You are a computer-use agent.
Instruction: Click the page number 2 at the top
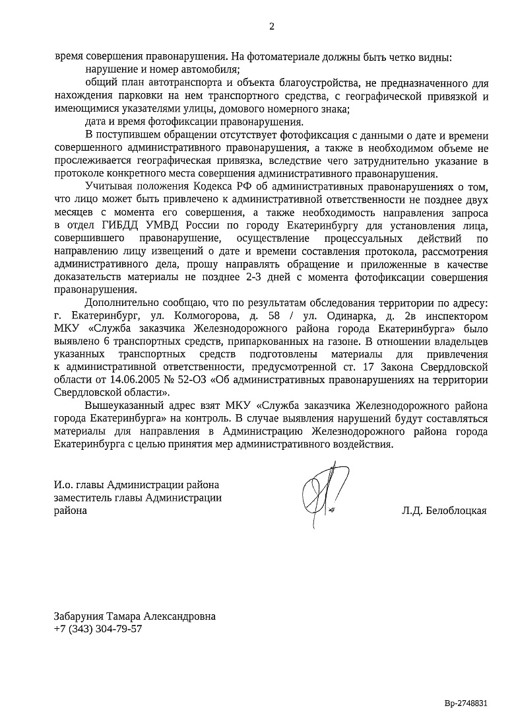pos(271,26)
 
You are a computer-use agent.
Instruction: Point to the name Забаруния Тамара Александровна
pos(135,616)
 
